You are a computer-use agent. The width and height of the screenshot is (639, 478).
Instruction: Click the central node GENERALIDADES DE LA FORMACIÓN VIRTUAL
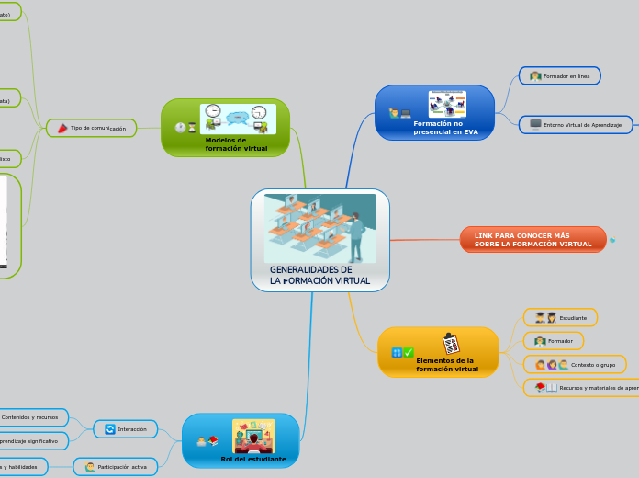click(x=319, y=276)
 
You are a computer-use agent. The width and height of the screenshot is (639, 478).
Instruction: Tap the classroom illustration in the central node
click(x=319, y=228)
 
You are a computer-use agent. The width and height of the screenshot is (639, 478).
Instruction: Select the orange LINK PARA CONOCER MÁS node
click(x=532, y=240)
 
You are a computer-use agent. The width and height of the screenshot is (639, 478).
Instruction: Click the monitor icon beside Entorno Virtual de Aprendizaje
click(x=535, y=124)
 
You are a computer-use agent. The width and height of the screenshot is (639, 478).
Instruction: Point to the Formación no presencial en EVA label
click(x=445, y=127)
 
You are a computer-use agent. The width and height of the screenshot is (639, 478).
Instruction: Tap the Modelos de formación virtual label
click(x=236, y=143)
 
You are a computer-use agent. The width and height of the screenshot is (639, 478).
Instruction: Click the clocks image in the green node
click(x=238, y=119)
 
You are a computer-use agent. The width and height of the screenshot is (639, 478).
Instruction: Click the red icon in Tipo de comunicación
click(x=62, y=128)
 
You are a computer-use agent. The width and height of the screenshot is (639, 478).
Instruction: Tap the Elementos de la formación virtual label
click(x=446, y=365)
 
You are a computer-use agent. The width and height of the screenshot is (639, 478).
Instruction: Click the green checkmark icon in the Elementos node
click(x=409, y=353)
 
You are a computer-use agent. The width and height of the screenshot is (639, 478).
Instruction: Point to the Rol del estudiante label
click(x=253, y=459)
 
